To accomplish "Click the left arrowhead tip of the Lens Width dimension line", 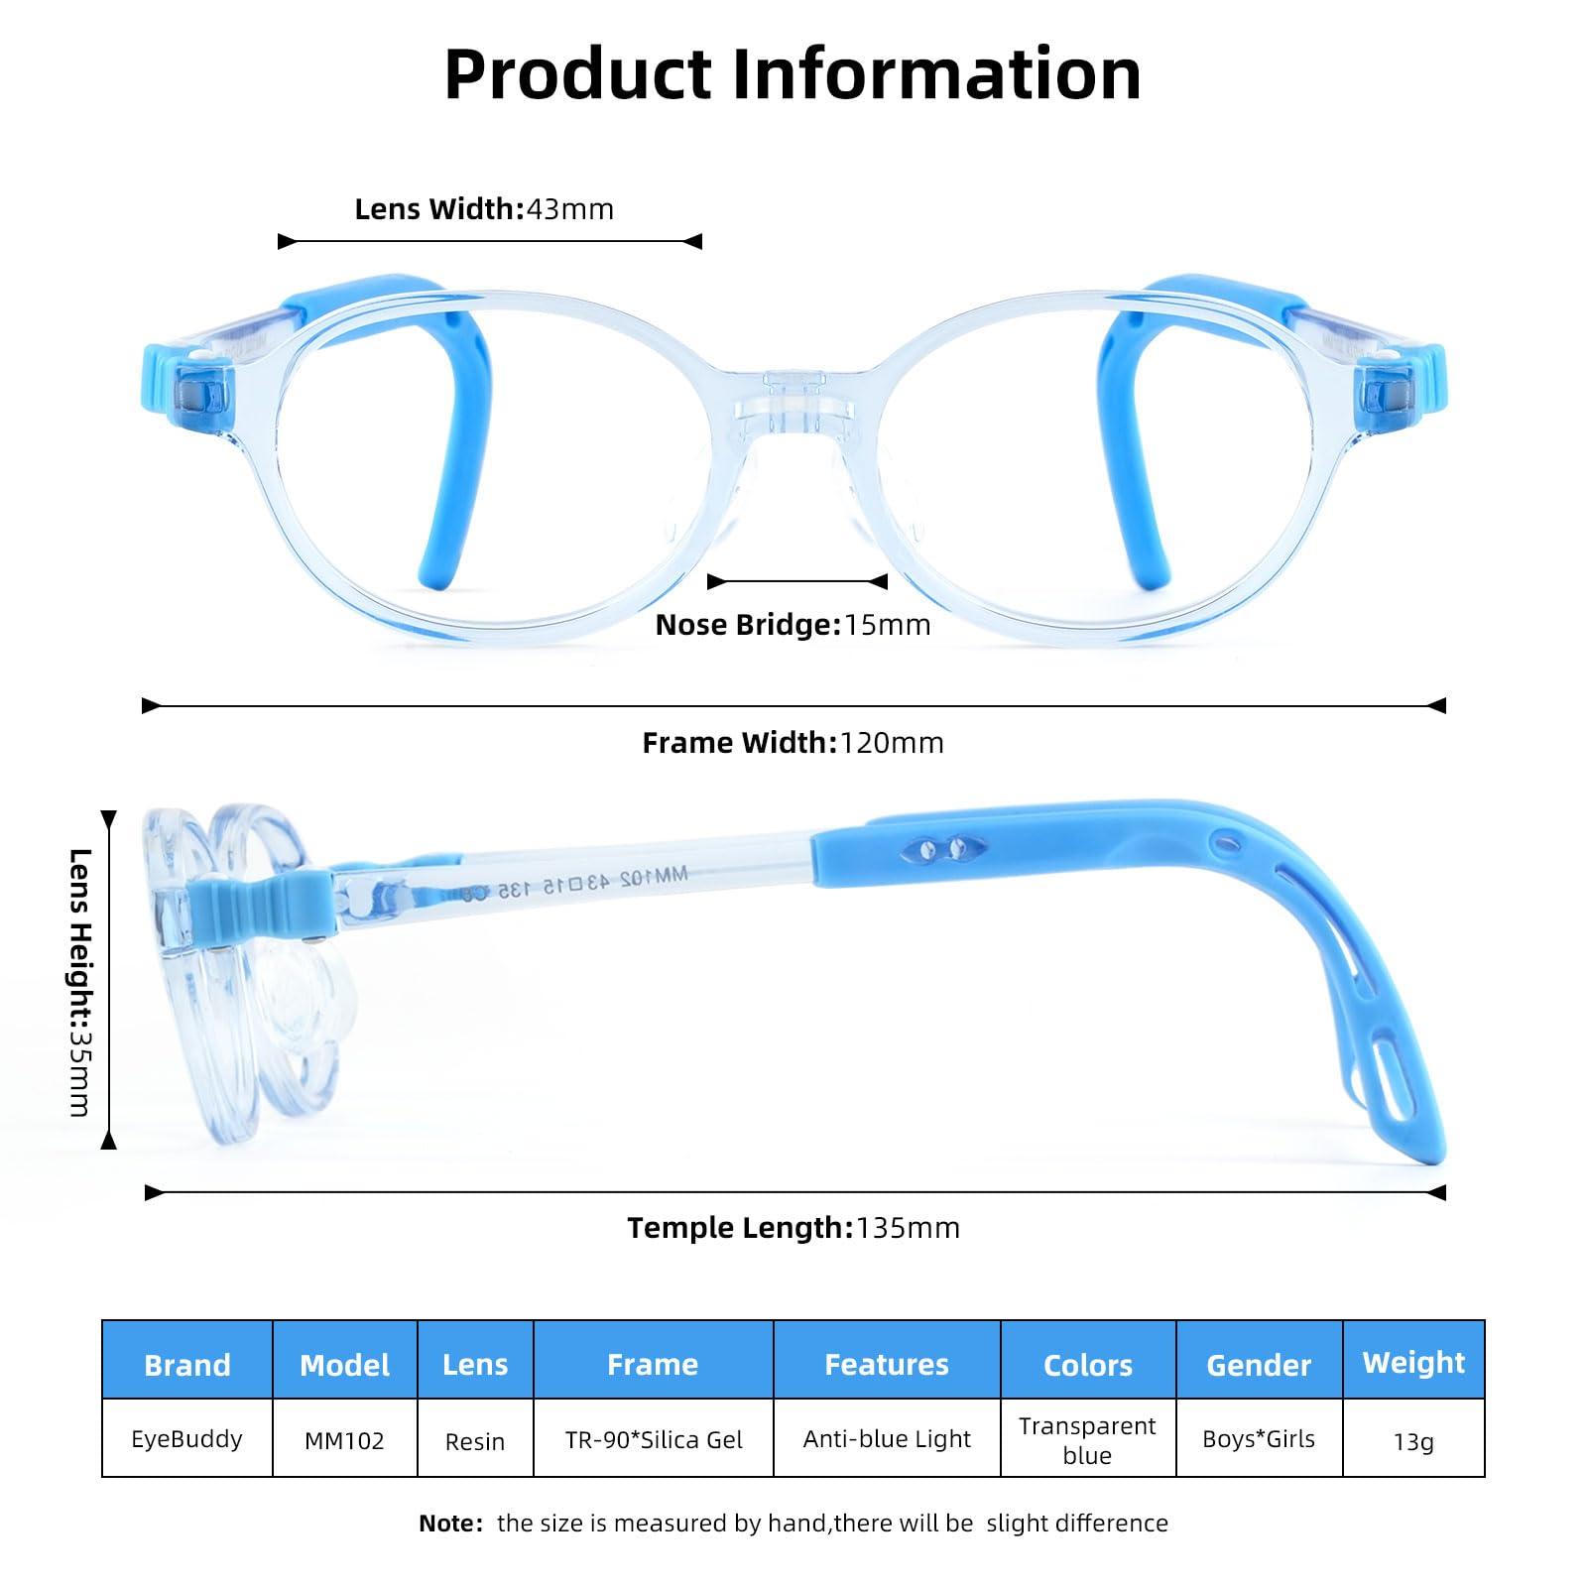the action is tap(279, 241).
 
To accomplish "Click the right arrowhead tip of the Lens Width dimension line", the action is tap(702, 241).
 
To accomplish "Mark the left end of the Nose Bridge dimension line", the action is tap(708, 581).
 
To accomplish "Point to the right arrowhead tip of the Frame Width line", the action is tap(1446, 706).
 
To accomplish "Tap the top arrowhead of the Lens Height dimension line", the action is tap(108, 812).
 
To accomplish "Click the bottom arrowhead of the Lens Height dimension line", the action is tap(108, 1149).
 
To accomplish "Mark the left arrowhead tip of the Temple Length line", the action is tap(145, 1192).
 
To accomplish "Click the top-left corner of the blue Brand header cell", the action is tap(102, 1321).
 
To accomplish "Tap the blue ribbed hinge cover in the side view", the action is tap(263, 909).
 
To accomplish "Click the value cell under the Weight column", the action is tap(1413, 1438).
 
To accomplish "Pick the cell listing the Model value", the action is tap(344, 1438).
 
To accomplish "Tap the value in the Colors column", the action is tap(1087, 1439).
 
